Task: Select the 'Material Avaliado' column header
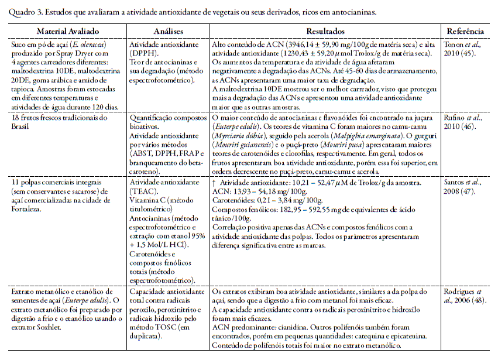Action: pos(68,32)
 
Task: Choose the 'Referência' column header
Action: pos(465,32)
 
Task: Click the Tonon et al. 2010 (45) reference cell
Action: pos(465,49)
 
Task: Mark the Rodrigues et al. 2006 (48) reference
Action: pos(465,296)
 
